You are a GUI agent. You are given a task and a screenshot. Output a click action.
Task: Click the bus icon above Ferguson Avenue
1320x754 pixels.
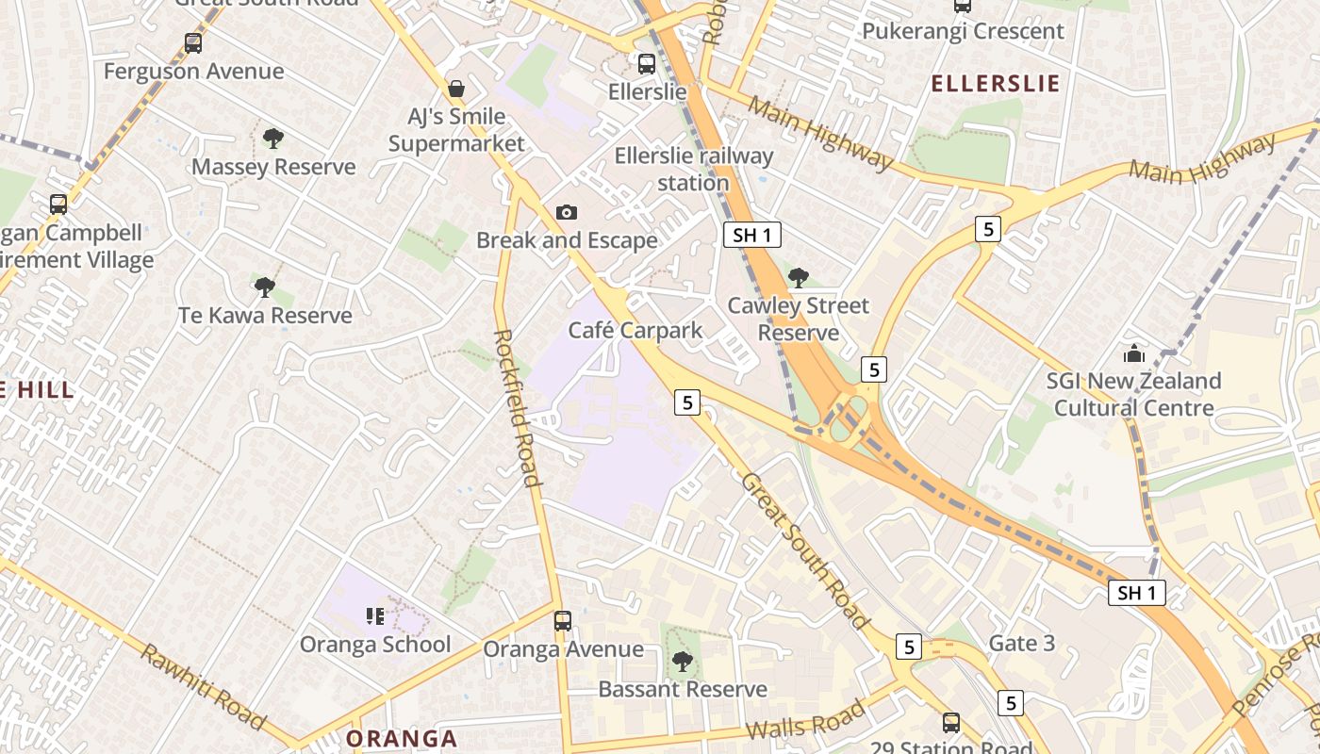pyautogui.click(x=193, y=43)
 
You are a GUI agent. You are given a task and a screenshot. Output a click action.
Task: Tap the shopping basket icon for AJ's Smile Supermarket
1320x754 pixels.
pyautogui.click(x=456, y=89)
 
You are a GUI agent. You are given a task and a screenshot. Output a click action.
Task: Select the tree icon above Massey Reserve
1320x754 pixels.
pyautogui.click(x=273, y=139)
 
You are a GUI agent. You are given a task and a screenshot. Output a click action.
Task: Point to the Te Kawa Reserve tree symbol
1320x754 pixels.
pyautogui.click(x=265, y=287)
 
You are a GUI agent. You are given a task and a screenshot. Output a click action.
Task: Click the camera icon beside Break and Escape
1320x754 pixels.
pyautogui.click(x=566, y=212)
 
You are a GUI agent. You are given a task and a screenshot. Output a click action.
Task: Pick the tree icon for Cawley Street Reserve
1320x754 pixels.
pyautogui.click(x=799, y=277)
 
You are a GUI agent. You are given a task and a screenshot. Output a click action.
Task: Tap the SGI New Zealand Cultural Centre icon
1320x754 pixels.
pyautogui.click(x=1133, y=354)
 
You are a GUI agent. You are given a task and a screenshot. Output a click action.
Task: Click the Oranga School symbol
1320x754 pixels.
pyautogui.click(x=375, y=616)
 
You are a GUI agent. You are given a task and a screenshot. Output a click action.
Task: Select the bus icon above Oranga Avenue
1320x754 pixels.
pyautogui.click(x=563, y=621)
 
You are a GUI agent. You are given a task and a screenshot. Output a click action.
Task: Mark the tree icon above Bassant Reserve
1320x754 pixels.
pyautogui.click(x=682, y=662)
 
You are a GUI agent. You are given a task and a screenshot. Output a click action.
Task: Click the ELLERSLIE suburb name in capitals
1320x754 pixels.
pyautogui.click(x=995, y=84)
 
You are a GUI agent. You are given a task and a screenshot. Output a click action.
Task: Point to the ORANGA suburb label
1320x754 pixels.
pyautogui.click(x=402, y=738)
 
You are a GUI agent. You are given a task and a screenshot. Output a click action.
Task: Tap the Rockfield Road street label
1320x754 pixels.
pyautogui.click(x=517, y=407)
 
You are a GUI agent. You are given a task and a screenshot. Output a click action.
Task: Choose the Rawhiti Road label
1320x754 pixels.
pyautogui.click(x=202, y=686)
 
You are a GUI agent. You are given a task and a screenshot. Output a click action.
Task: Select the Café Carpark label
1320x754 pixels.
pyautogui.click(x=635, y=331)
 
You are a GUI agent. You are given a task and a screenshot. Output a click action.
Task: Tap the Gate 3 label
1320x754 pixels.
pyautogui.click(x=1021, y=644)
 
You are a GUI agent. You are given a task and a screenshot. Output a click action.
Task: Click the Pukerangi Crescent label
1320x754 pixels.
pyautogui.click(x=963, y=31)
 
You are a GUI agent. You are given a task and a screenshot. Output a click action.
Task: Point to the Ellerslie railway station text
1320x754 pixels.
pyautogui.click(x=693, y=169)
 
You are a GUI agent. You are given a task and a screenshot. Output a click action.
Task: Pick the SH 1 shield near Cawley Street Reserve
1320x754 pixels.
pyautogui.click(x=751, y=235)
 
